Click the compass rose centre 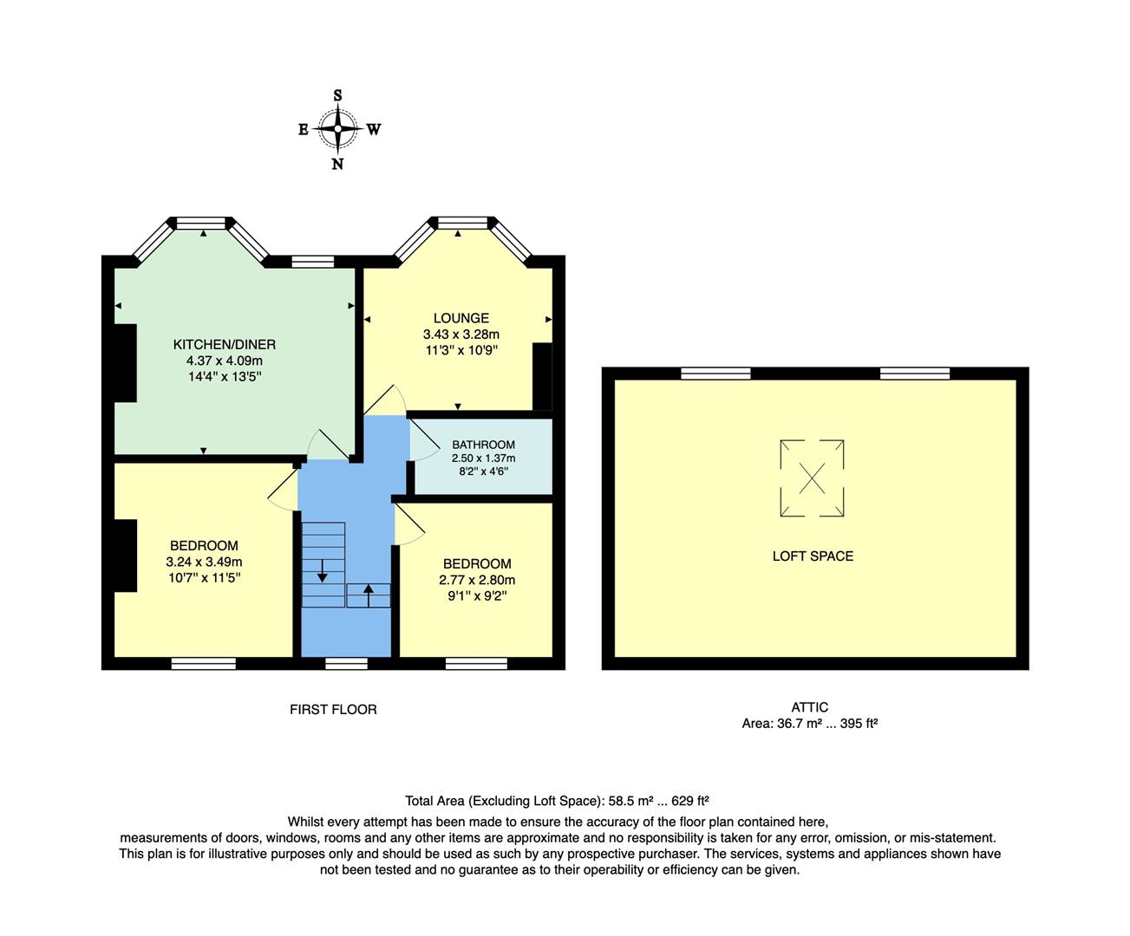pos(337,129)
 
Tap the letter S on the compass pos(337,96)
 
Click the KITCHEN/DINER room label pos(224,344)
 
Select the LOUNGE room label pos(461,318)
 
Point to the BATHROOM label pos(483,445)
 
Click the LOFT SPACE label pos(813,556)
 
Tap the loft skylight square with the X pos(812,478)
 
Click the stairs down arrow pos(322,570)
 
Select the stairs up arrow pos(368,595)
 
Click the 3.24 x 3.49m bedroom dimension pos(204,562)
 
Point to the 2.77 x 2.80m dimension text pos(477,580)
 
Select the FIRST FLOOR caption pos(333,709)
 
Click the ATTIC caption pos(810,707)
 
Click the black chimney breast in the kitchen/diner pos(126,362)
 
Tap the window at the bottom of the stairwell pos(346,664)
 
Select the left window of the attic pos(715,374)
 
